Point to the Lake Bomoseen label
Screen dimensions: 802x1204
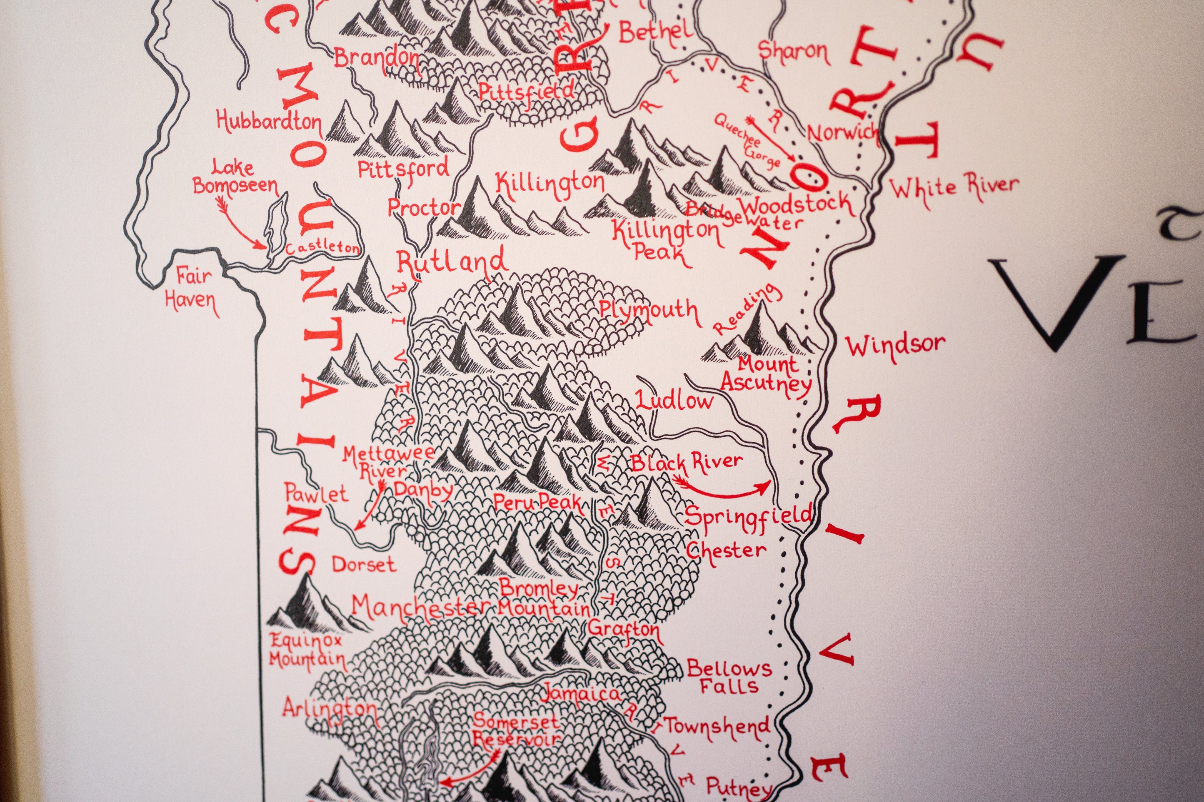click(235, 177)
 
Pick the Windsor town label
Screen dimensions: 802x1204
click(894, 345)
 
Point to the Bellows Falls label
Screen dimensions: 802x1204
click(729, 676)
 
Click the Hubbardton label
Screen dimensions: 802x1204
click(269, 122)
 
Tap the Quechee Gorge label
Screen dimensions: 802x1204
click(747, 141)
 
